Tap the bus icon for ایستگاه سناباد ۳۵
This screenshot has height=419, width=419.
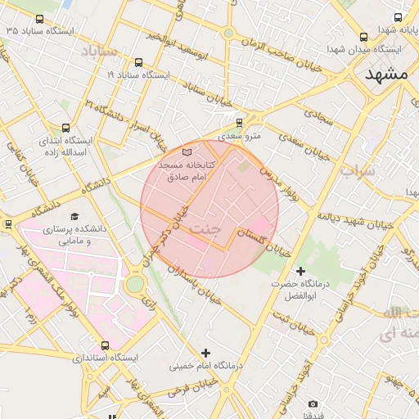point(39,18)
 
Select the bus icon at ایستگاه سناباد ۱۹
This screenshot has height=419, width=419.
point(137,62)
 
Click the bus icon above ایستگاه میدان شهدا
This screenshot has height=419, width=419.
point(363,37)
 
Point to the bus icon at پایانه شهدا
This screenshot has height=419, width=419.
point(398,17)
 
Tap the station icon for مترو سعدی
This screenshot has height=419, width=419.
point(239,123)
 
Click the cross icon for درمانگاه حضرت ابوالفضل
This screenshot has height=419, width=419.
point(300,271)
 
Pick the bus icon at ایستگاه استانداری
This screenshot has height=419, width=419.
point(104,345)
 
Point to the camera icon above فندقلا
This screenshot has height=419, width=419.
point(313,404)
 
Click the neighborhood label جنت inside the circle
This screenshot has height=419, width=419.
point(205,230)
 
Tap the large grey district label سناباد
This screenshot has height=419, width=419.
point(100,51)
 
